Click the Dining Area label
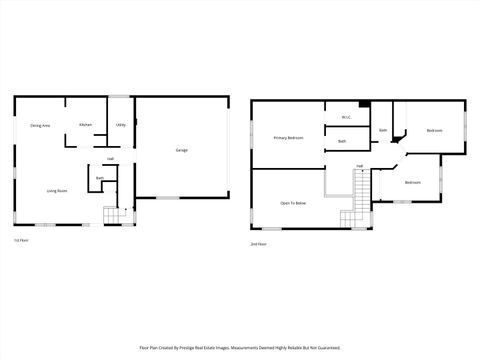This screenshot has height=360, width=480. [40, 125]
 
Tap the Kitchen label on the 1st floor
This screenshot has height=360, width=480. [86, 125]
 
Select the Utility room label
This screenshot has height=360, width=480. [120, 125]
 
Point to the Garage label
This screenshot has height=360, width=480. [182, 150]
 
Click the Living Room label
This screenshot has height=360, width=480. [56, 190]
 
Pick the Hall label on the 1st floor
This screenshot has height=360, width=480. [110, 159]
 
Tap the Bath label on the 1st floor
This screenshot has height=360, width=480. [100, 178]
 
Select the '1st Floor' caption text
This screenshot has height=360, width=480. [21, 241]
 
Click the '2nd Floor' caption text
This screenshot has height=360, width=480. [259, 243]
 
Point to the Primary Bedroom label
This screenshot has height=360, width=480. [288, 137]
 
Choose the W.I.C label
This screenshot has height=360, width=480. [345, 117]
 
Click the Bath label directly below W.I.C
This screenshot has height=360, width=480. [342, 141]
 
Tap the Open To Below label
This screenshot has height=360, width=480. [293, 203]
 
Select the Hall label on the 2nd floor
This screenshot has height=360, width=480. [359, 166]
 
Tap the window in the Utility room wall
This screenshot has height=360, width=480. [120, 97]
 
